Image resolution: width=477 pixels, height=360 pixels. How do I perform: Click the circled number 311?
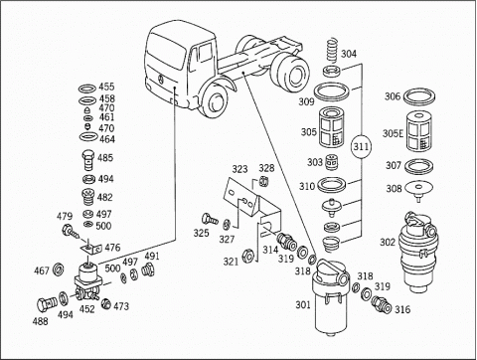pos(361,146)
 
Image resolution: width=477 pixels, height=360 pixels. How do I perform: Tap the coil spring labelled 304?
pos(332,51)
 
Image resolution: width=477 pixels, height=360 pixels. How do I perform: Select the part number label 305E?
pos(393,133)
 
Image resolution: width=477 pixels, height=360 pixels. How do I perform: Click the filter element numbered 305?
pos(333,127)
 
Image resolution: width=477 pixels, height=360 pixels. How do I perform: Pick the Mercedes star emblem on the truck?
pos(161,79)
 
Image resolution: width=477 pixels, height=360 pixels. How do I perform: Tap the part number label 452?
pos(86,309)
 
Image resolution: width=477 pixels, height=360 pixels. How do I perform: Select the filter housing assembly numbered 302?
pos(418,252)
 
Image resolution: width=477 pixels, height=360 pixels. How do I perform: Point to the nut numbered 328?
pos(262,182)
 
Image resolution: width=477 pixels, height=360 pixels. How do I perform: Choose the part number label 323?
pos(239,169)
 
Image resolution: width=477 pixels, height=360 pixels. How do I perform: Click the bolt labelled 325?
pos(210,219)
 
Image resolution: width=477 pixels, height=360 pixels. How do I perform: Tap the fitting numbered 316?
pos(382,304)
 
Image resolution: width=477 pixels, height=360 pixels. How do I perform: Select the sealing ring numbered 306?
pos(420,96)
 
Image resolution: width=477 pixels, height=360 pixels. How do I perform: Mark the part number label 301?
pos(303,304)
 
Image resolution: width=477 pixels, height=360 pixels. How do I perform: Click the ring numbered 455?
pos(87,89)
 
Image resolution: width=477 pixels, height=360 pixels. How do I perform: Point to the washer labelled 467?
pos(59,268)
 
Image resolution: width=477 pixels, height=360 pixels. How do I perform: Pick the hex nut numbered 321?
pos(248,257)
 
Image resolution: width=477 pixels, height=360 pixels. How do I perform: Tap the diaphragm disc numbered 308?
pos(419,189)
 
